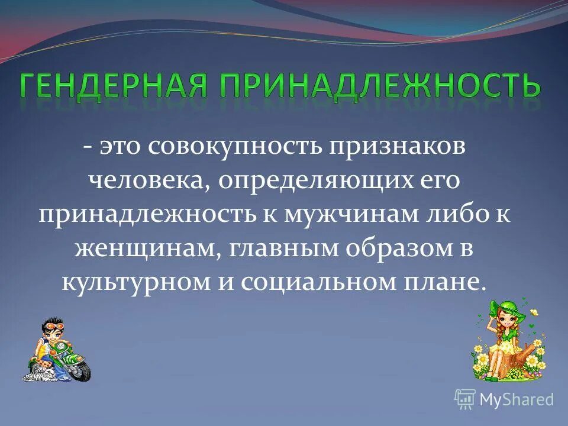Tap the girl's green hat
coord(504,308)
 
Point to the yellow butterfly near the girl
coord(534,311)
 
